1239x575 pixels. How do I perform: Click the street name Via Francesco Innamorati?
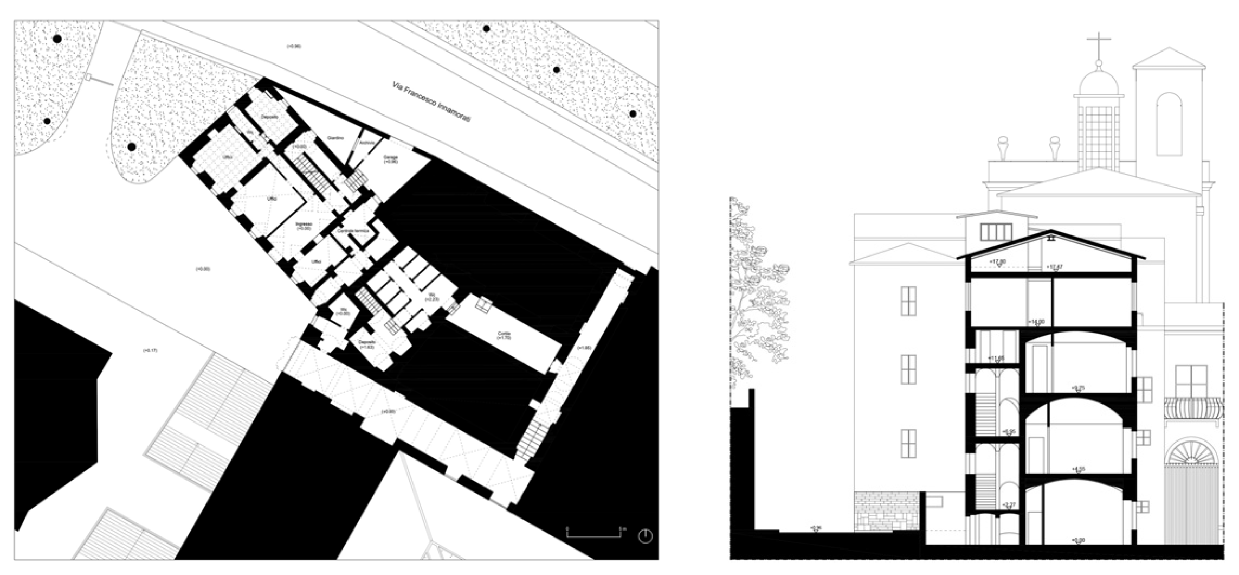(x=431, y=105)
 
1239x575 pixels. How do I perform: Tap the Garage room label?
(x=391, y=159)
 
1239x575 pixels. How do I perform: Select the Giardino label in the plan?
(x=335, y=138)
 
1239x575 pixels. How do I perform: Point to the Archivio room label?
(x=366, y=143)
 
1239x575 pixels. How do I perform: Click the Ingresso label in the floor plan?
(x=304, y=226)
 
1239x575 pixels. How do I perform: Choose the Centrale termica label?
(x=353, y=231)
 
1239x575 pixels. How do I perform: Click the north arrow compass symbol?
(x=645, y=536)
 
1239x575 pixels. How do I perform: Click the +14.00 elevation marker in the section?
(x=1037, y=322)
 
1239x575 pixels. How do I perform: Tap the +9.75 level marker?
(x=1079, y=388)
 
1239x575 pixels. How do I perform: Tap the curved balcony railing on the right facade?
(x=1193, y=408)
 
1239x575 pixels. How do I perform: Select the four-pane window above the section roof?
(x=996, y=232)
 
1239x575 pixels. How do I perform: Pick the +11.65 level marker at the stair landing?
(x=997, y=359)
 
